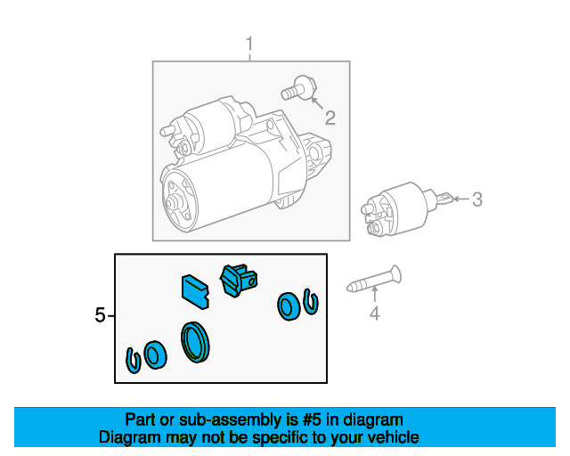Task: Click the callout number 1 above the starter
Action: coord(249,45)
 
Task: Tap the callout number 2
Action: coord(330,118)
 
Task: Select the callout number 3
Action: coord(477,199)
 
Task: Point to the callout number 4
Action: coord(374,313)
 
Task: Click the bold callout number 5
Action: coord(100,315)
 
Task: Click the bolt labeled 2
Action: coord(299,88)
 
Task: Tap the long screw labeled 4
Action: coord(374,279)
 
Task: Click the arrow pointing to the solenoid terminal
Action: coord(461,199)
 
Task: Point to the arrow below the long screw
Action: coord(374,295)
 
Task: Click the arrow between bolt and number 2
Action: coord(317,103)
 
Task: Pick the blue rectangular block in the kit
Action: coord(195,291)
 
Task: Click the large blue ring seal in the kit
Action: coord(195,342)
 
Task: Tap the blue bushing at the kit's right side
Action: coord(289,306)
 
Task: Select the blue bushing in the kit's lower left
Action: coord(155,355)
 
